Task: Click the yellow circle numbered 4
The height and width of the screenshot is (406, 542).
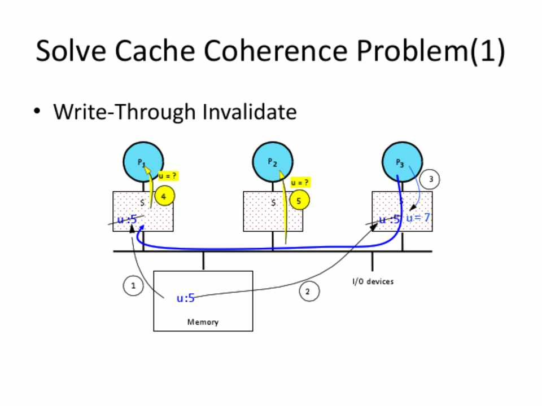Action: tap(164, 197)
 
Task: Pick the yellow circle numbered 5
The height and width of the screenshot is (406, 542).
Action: tap(299, 200)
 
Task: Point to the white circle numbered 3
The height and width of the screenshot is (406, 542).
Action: tap(430, 179)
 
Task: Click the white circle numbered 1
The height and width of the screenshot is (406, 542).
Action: tap(133, 286)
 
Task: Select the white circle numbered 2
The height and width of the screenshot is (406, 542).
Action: tap(308, 292)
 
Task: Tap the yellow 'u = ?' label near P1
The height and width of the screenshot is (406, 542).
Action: tap(167, 176)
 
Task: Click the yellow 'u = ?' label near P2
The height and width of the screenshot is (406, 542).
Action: tap(300, 183)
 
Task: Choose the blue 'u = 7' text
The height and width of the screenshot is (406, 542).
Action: tap(418, 217)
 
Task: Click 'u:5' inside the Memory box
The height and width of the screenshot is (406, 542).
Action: tap(186, 298)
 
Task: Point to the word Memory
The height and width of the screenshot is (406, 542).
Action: tap(203, 322)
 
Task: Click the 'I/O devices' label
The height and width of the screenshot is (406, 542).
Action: tap(373, 281)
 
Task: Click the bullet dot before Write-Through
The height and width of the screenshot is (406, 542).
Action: tap(38, 111)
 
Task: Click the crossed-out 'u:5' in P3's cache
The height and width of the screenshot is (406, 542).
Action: tap(389, 219)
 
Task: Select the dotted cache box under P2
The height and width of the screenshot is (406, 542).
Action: tap(273, 212)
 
